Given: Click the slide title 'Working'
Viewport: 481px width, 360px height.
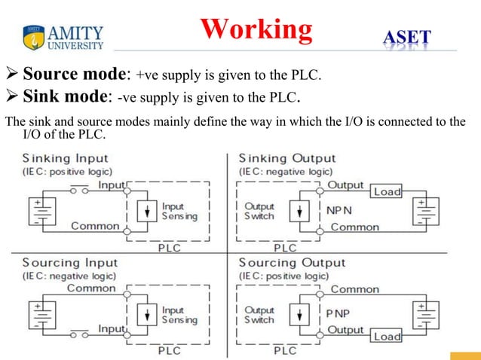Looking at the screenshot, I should pyautogui.click(x=256, y=29).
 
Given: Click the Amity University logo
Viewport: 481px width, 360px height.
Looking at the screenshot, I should pyautogui.click(x=64, y=36).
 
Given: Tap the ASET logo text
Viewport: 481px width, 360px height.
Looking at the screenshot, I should pyautogui.click(x=407, y=37).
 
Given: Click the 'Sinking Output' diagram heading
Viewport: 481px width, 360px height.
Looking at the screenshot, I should pyautogui.click(x=286, y=158).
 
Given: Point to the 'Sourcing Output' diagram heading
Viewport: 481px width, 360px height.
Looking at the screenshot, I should pyautogui.click(x=292, y=262).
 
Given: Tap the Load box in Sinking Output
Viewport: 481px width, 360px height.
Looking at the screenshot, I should pyautogui.click(x=388, y=192).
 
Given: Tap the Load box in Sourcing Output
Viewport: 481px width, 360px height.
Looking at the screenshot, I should pyautogui.click(x=388, y=337).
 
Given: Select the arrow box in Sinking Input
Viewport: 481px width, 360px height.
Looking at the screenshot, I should pyautogui.click(x=147, y=211).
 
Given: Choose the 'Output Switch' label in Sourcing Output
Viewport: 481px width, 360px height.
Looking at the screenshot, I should pyautogui.click(x=260, y=315).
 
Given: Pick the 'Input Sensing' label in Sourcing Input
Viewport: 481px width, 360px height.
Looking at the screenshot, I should pyautogui.click(x=179, y=315).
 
